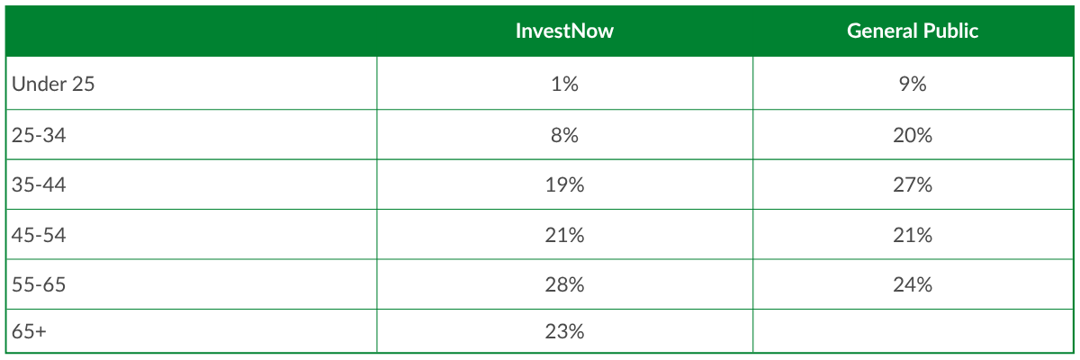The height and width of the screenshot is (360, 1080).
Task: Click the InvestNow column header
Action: (x=564, y=31)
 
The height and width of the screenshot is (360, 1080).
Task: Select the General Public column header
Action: (x=913, y=31)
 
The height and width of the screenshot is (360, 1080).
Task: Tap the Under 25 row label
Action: (x=53, y=84)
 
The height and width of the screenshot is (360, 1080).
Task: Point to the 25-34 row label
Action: (x=39, y=135)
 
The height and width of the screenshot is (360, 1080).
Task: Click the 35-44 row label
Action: (x=39, y=184)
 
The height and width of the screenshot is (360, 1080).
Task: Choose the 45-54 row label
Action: (x=39, y=235)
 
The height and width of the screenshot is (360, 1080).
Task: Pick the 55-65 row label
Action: (x=39, y=284)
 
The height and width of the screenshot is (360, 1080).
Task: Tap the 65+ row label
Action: (x=29, y=331)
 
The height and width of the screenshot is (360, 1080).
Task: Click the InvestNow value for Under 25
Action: (x=564, y=84)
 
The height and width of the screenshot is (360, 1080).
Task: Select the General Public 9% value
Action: (x=913, y=84)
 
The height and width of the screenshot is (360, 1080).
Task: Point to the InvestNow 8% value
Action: (x=564, y=135)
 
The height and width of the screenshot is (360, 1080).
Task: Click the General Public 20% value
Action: (x=913, y=135)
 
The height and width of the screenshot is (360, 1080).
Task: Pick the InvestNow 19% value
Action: (x=564, y=184)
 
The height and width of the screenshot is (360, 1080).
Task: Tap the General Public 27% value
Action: (x=913, y=184)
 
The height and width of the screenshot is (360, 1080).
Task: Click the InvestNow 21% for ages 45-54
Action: (x=564, y=235)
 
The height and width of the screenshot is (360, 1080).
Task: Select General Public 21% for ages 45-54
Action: (x=913, y=235)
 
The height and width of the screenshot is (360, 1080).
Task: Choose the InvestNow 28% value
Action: (x=564, y=284)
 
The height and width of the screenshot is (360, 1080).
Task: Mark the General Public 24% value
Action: (x=913, y=284)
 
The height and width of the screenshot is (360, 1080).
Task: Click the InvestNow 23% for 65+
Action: (x=564, y=331)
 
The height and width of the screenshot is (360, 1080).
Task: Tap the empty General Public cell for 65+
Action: (x=913, y=331)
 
